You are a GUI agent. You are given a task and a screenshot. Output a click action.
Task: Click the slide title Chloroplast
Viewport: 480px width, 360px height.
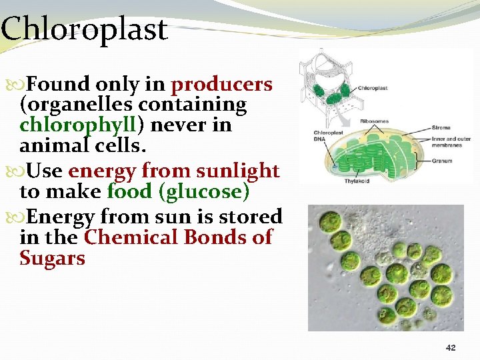click(x=84, y=30)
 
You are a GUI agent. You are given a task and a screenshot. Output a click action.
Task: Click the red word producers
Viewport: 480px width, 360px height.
click(x=221, y=85)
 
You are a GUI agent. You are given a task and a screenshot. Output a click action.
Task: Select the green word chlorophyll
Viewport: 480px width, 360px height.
click(x=80, y=125)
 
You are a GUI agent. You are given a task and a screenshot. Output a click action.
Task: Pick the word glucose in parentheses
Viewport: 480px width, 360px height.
click(x=207, y=192)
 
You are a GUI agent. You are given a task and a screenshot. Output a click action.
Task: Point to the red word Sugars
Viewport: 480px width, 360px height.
click(x=53, y=259)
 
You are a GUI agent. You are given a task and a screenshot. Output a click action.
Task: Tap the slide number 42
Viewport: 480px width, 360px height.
click(x=450, y=348)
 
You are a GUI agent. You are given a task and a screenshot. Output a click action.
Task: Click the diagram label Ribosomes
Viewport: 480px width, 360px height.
click(x=374, y=121)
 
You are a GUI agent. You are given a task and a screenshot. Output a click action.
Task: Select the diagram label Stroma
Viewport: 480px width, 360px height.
click(x=441, y=127)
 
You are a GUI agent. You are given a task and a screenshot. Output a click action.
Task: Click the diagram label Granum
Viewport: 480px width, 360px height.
click(x=441, y=160)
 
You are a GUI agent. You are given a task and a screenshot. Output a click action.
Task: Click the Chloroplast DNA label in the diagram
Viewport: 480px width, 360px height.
click(x=327, y=136)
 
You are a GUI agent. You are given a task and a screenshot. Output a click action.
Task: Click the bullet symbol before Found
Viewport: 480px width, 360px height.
click(x=25, y=85)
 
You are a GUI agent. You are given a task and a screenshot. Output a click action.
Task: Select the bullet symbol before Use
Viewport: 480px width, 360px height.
click(x=25, y=172)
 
